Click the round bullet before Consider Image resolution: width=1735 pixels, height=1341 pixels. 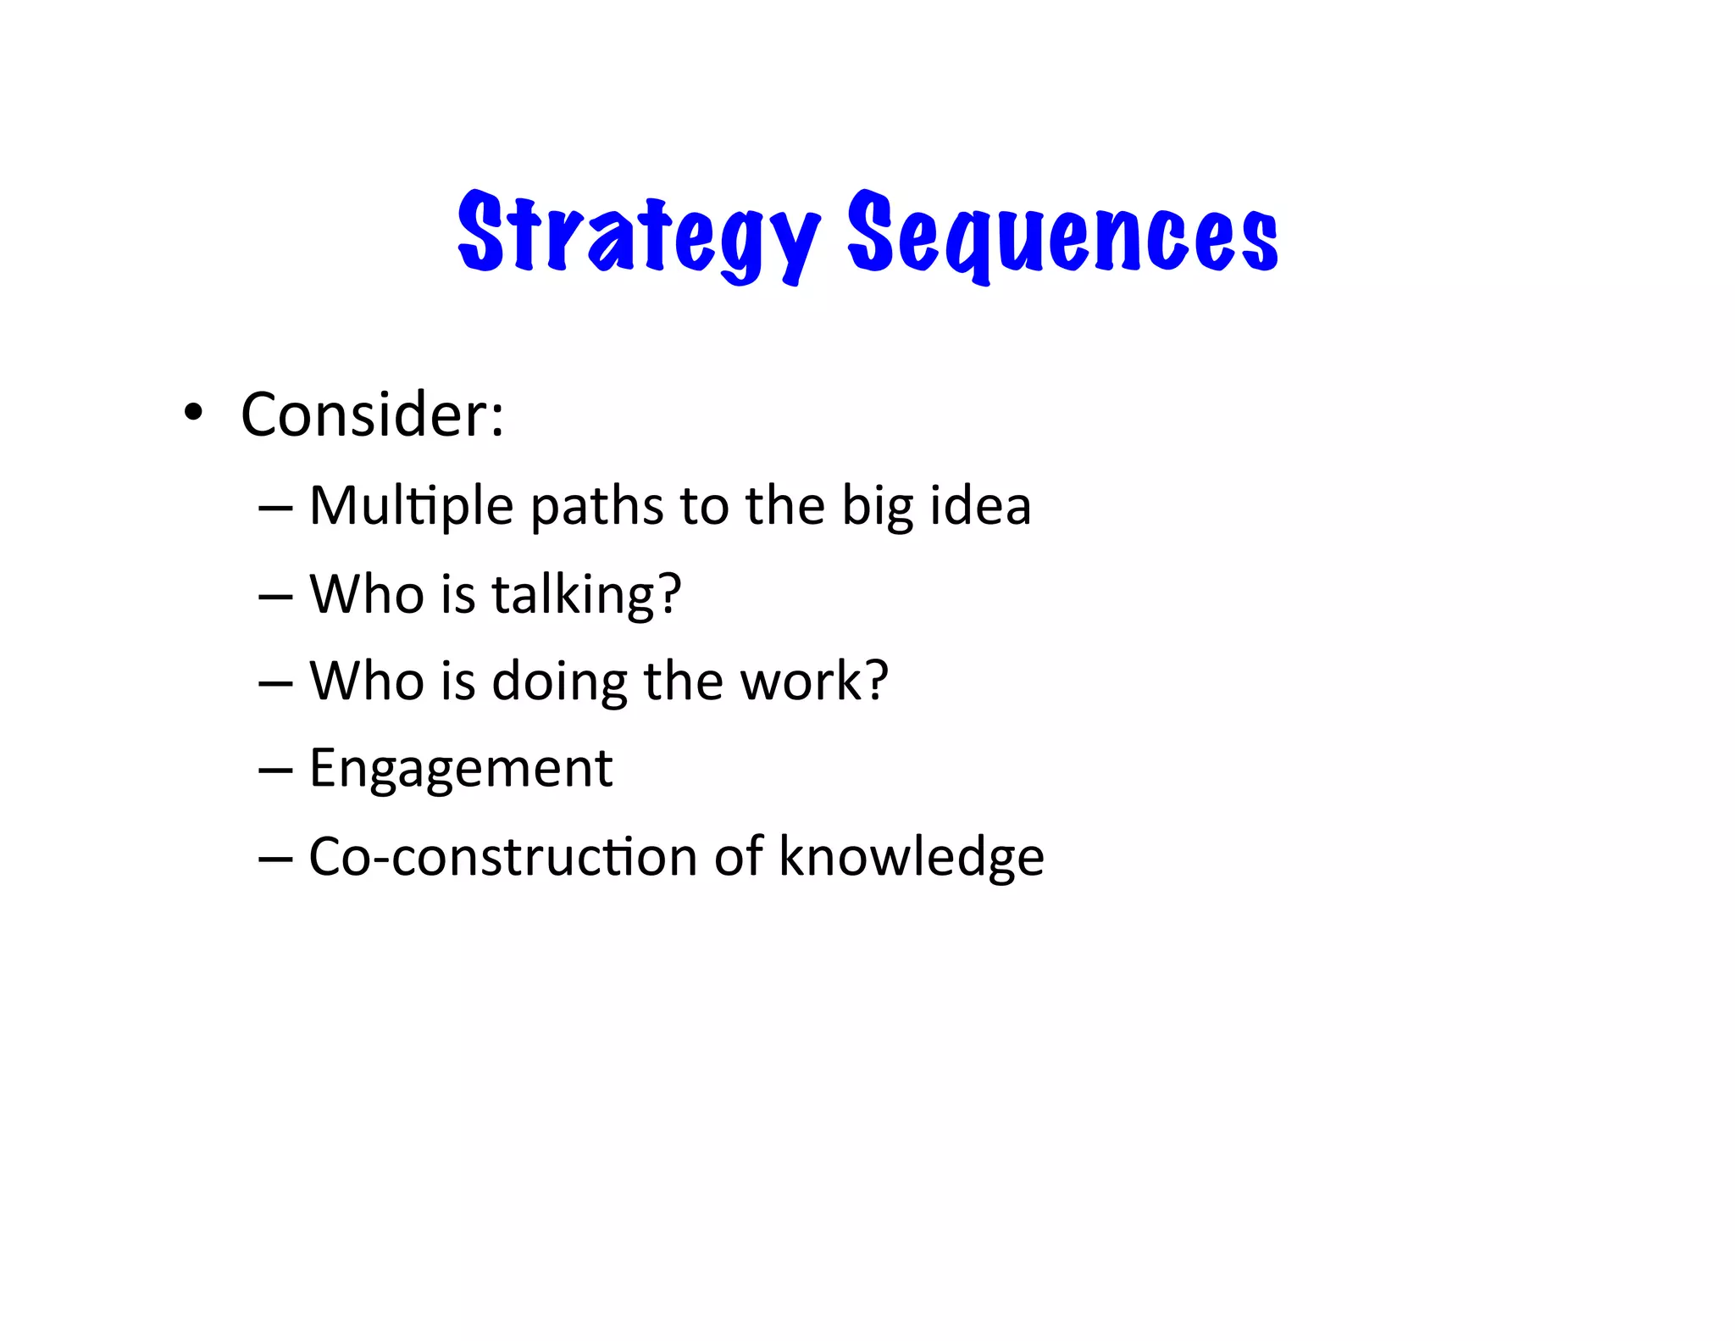point(194,413)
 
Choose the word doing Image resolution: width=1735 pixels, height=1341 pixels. point(559,682)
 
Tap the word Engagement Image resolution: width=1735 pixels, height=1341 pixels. point(461,770)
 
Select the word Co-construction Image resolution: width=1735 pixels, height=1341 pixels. point(503,856)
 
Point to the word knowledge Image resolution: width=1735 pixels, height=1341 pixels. point(912,857)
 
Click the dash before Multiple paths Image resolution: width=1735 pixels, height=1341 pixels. point(275,508)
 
